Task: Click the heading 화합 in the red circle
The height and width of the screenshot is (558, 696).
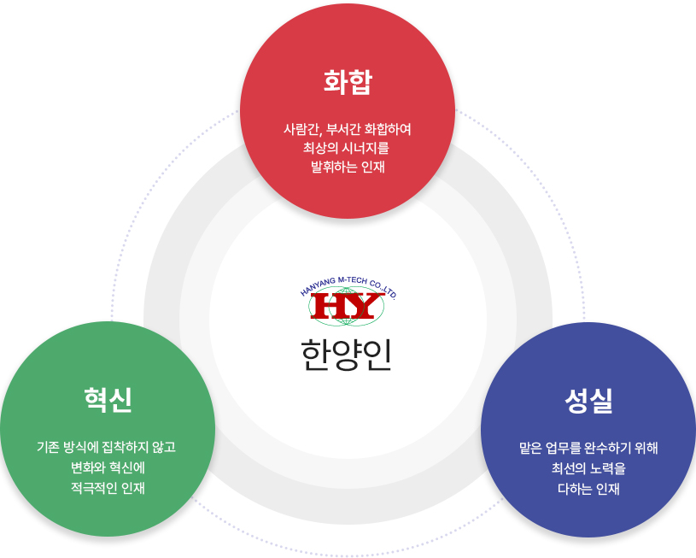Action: tap(348, 82)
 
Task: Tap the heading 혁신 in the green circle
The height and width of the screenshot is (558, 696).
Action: tap(108, 399)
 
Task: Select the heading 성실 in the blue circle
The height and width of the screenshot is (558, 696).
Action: tap(588, 400)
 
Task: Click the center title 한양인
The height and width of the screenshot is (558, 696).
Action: tap(346, 355)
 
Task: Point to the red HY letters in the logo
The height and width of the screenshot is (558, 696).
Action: tap(347, 306)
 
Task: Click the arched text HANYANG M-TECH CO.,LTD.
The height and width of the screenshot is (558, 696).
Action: tap(348, 285)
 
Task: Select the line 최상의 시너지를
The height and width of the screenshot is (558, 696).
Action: tap(346, 148)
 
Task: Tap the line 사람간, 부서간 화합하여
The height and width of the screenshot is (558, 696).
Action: tap(347, 129)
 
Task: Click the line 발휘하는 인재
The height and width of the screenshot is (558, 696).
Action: tap(348, 167)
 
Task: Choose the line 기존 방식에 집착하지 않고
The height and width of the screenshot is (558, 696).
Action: tap(106, 447)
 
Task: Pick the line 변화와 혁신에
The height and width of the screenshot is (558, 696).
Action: tap(108, 467)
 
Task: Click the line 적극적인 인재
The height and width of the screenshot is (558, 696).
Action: tap(108, 488)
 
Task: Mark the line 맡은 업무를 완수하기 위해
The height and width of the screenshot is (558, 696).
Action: tap(588, 448)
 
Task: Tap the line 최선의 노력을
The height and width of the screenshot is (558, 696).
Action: tap(588, 468)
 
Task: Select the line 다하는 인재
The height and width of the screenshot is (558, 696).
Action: tap(588, 489)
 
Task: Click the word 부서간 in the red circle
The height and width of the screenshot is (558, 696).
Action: tap(343, 129)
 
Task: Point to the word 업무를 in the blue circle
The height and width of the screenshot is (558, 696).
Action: tap(563, 448)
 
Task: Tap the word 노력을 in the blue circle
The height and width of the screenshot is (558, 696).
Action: tap(608, 468)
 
